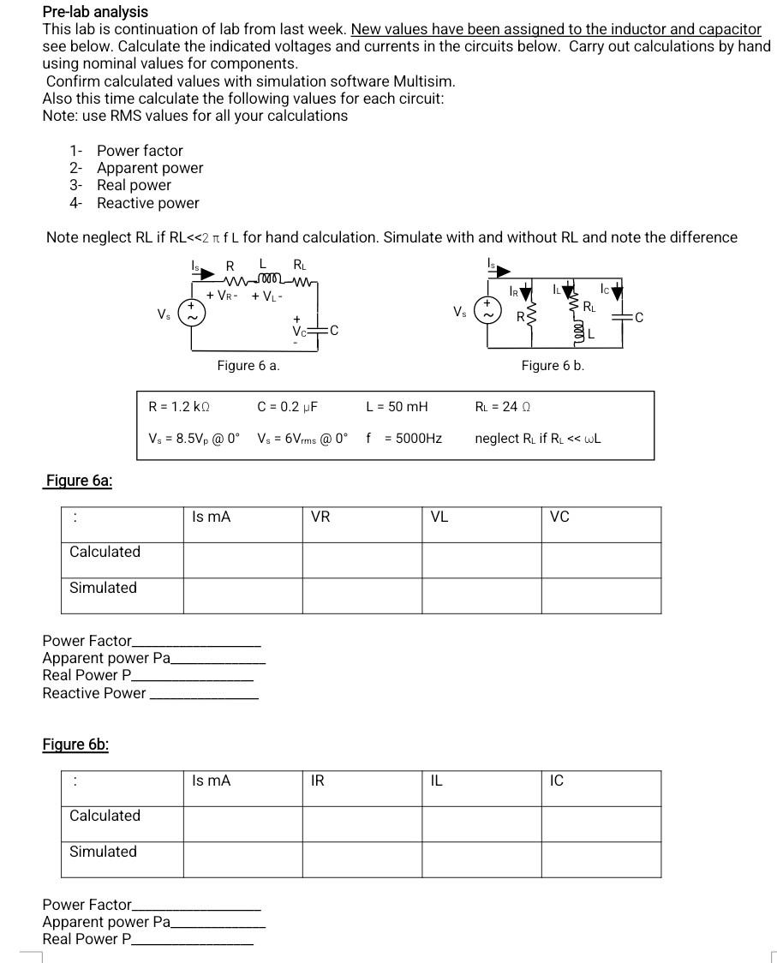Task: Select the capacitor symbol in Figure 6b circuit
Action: pos(623,318)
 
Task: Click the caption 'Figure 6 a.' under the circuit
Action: pos(248,366)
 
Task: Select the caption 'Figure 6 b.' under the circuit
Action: pos(553,366)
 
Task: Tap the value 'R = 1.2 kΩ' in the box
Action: pos(180,406)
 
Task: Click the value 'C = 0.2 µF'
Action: pos(287,406)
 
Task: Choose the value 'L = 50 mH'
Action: pos(397,406)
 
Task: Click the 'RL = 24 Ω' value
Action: pos(504,406)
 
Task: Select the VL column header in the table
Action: pos(439,517)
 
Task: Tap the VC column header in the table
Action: pos(559,517)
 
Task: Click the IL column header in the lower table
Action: pos(436,781)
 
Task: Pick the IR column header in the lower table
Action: pos(317,781)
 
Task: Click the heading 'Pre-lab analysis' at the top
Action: pos(95,12)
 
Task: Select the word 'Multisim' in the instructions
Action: pos(423,81)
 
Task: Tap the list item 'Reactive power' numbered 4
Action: pos(147,203)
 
